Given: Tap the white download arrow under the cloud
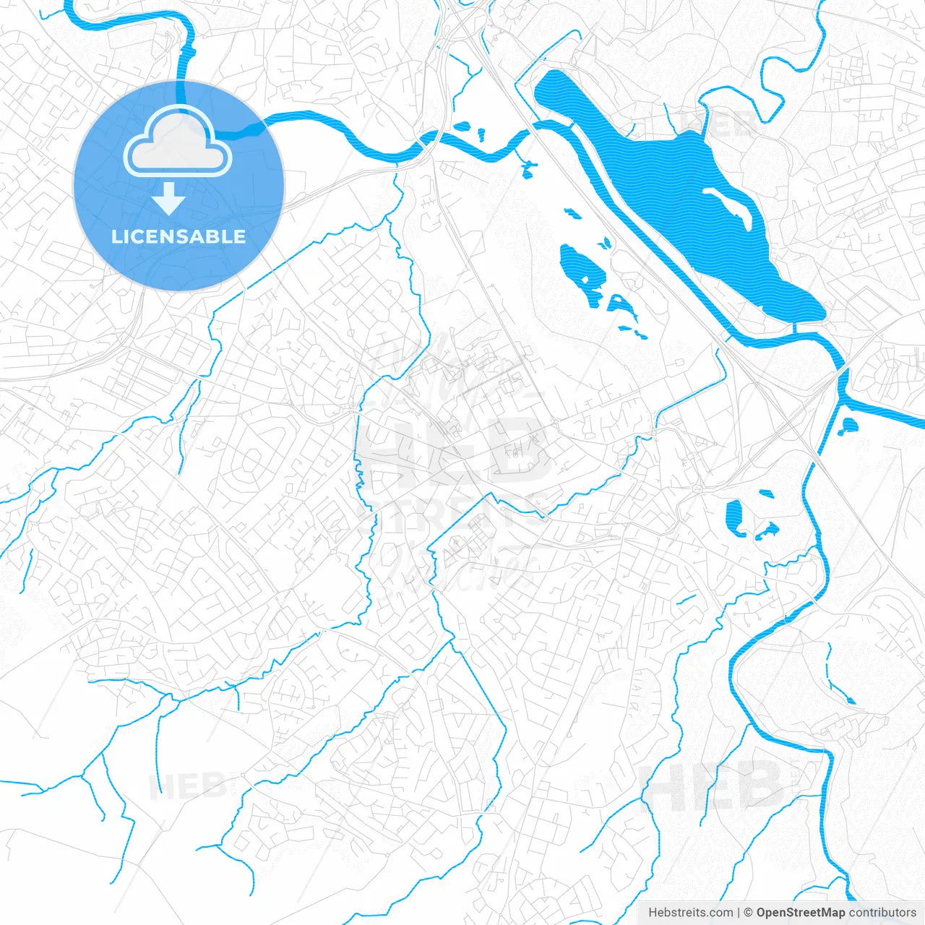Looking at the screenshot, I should [x=168, y=199].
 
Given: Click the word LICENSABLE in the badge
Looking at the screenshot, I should [x=178, y=236].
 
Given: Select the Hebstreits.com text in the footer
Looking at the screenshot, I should [x=690, y=913].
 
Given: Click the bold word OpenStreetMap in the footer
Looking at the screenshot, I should [x=801, y=913].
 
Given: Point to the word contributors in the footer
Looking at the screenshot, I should [x=882, y=913].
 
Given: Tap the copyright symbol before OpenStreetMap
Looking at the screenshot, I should [x=749, y=913].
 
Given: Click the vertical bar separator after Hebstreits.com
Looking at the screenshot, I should [x=739, y=913].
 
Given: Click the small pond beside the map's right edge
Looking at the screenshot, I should [x=848, y=426].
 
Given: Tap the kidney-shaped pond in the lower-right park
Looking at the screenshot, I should [x=735, y=517].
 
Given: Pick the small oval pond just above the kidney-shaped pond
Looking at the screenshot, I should [x=765, y=494].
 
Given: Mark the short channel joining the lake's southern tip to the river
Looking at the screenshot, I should [x=795, y=327].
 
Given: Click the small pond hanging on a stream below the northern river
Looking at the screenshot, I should [x=528, y=169].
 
